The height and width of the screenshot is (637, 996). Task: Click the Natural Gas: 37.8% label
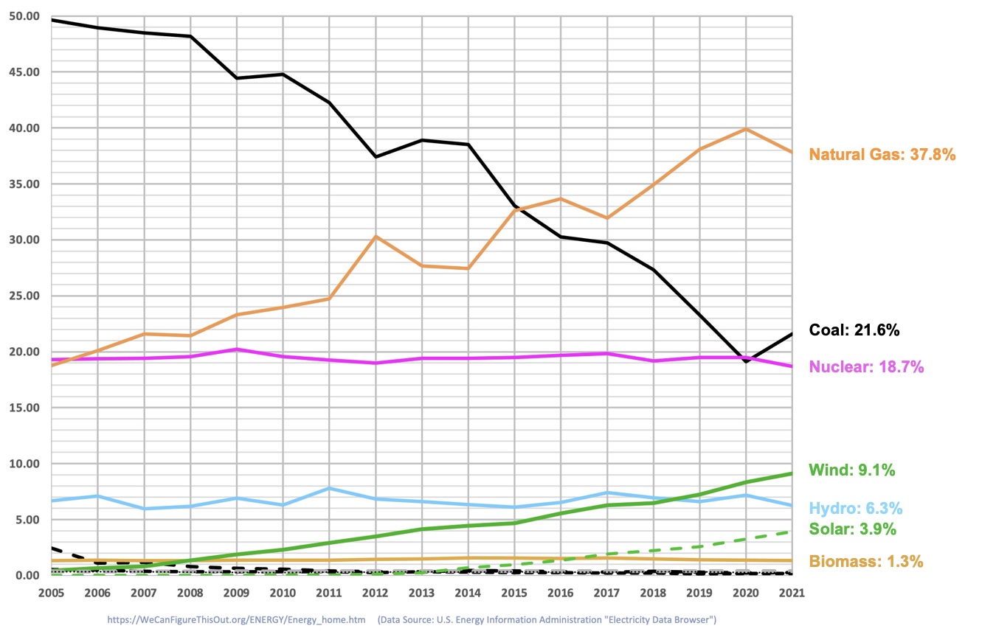point(882,155)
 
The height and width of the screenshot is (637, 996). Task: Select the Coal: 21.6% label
point(854,330)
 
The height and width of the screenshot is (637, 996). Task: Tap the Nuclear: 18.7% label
point(866,367)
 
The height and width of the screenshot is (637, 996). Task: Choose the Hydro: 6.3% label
point(856,509)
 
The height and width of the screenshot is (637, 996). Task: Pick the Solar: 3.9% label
point(853,529)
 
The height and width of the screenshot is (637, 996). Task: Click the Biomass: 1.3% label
point(866,562)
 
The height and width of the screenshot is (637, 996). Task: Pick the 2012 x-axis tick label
point(376,592)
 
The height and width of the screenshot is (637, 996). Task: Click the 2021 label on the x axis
point(792,592)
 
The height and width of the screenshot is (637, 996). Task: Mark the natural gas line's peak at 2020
point(746,129)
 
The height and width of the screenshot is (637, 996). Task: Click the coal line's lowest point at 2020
point(746,361)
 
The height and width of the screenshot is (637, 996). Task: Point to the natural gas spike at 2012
point(376,237)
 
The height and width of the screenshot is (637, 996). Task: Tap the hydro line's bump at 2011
point(330,488)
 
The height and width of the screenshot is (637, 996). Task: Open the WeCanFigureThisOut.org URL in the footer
point(236,620)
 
